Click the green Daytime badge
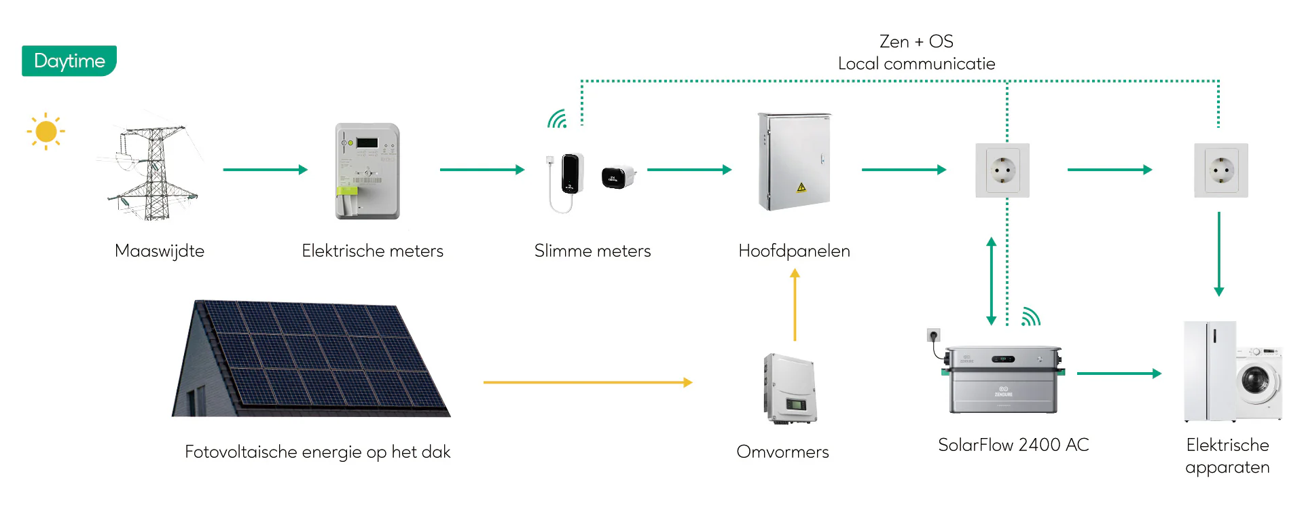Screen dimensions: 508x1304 tap(69, 61)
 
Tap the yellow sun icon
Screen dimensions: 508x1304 tap(46, 131)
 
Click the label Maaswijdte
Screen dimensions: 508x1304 tap(160, 251)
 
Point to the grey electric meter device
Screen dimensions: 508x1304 tap(367, 171)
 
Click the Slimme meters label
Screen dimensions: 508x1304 tap(592, 251)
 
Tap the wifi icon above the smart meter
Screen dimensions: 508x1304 tap(557, 120)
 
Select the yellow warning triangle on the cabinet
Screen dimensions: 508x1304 tap(801, 187)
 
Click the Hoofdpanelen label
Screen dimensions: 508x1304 tap(794, 251)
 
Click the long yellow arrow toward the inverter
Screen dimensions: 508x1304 tap(587, 382)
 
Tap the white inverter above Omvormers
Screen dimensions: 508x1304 tap(789, 388)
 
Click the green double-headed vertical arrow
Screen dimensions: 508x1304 tap(991, 280)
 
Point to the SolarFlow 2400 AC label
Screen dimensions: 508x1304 tap(1013, 445)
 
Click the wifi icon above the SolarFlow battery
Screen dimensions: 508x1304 tap(1031, 317)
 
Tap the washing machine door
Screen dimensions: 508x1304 tap(1256, 380)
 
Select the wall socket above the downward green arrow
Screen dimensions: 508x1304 tap(1220, 170)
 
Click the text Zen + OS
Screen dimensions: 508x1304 tap(916, 41)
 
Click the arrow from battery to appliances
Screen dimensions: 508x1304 tap(1119, 373)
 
